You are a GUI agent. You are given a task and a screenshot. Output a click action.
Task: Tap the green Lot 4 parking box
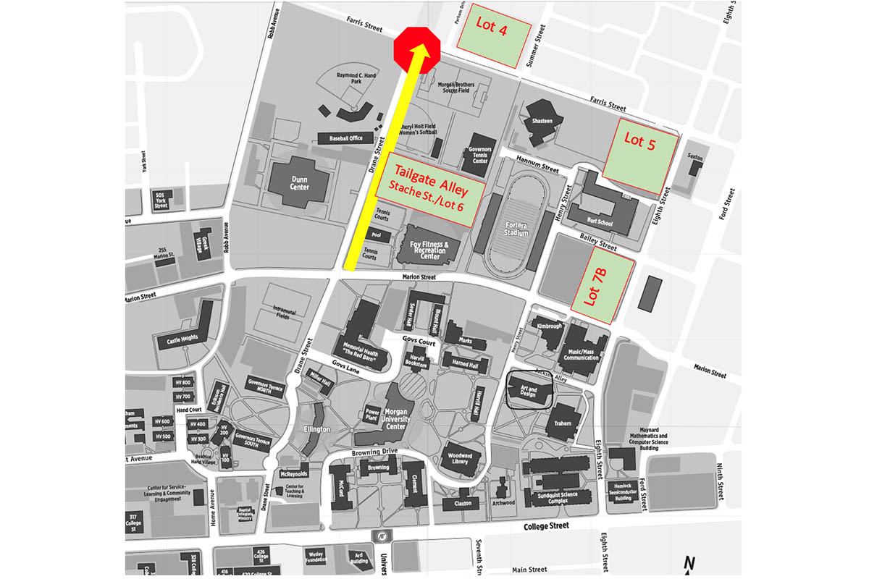(492, 36)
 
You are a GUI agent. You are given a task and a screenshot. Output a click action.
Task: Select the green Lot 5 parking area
(641, 155)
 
